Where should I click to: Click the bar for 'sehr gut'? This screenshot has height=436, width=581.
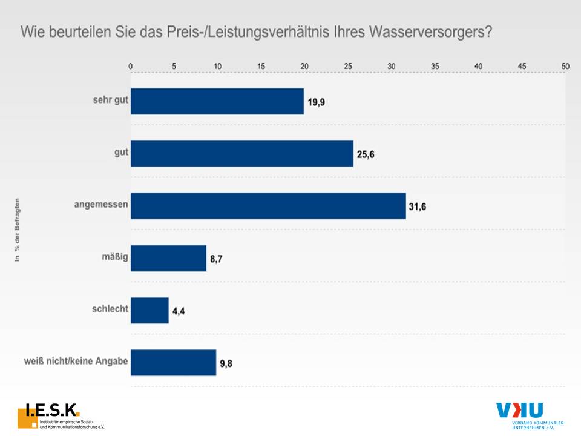coord(217,101)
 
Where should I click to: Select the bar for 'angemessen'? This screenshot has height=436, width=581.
coord(268,205)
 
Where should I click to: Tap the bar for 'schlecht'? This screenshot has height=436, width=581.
coord(149,310)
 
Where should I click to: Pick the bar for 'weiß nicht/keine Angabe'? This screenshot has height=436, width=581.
coord(173,362)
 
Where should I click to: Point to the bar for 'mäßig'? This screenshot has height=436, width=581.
coord(168,258)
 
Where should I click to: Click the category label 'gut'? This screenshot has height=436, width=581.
coord(120,153)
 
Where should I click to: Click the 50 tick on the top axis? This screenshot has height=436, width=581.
coord(565,65)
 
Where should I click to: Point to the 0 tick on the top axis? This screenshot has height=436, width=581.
coord(131,65)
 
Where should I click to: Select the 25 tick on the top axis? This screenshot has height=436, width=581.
coord(348,65)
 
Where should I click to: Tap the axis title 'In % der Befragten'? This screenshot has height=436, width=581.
coord(18,230)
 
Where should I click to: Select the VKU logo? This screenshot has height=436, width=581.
coord(528,415)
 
